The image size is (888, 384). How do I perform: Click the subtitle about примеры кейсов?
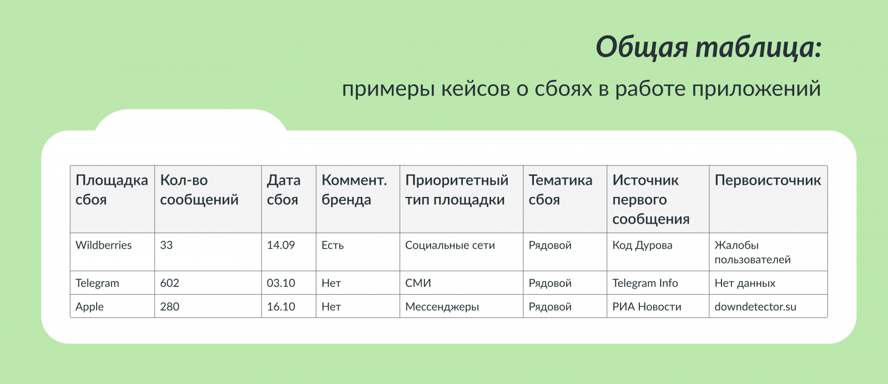[x=581, y=89]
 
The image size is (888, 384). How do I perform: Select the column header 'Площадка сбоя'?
[x=112, y=190]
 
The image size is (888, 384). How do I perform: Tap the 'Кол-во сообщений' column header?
[x=199, y=190]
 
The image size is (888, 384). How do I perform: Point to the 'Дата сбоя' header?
[x=284, y=190]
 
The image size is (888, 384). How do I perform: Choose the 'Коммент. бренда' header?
[x=354, y=190]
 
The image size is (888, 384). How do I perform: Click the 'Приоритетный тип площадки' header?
[x=457, y=190]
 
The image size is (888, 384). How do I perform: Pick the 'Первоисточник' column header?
[x=768, y=180]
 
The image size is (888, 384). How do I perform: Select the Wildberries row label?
[x=103, y=245]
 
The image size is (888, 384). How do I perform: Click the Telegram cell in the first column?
[x=97, y=283]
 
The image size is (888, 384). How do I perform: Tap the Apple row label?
[x=89, y=307]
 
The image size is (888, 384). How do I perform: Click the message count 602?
[x=170, y=283]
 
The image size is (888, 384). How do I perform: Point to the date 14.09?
[x=281, y=245]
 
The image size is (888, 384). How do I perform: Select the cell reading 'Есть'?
[x=332, y=245]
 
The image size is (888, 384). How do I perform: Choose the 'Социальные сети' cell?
[x=450, y=245]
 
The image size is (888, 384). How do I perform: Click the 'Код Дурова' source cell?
[x=642, y=245]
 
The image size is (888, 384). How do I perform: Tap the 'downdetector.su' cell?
[x=755, y=307]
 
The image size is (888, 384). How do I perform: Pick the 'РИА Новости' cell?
[x=647, y=307]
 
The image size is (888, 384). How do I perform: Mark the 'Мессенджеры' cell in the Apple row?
[x=442, y=307]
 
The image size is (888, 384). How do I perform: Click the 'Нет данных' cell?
[x=745, y=283]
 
